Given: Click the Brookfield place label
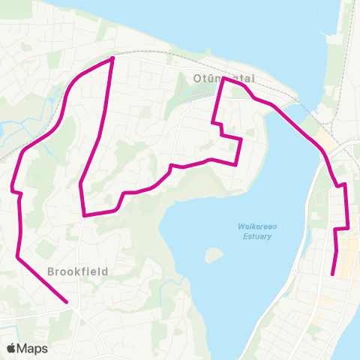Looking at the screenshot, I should pyautogui.click(x=78, y=271).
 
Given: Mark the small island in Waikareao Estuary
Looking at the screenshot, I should pyautogui.click(x=214, y=256).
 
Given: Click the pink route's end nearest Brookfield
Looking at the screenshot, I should pyautogui.click(x=67, y=302).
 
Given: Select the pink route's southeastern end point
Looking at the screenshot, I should pyautogui.click(x=333, y=274).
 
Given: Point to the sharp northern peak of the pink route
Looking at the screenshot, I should pyautogui.click(x=112, y=58).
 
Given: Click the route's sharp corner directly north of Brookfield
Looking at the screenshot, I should pyautogui.click(x=84, y=214).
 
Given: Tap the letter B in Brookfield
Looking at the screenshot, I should pyautogui.click(x=50, y=271).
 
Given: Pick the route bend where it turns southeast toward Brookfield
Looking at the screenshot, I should pyautogui.click(x=17, y=257).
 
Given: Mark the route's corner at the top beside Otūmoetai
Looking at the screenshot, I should pyautogui.click(x=223, y=78).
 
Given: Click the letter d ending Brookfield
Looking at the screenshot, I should pyautogui.click(x=106, y=271).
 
